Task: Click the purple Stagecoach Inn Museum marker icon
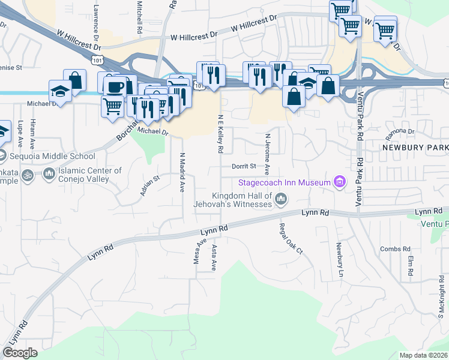tap(340, 182)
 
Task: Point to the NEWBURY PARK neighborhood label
tap(415, 147)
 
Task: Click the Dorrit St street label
tap(244, 166)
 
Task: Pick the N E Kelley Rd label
tap(221, 133)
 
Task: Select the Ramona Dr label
tap(401, 131)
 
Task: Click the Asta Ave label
tap(214, 257)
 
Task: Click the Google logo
tap(20, 353)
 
